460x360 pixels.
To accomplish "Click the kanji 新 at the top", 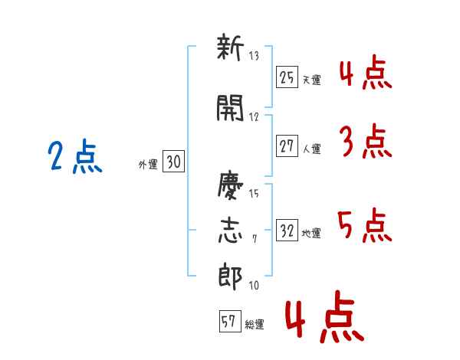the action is (230, 47).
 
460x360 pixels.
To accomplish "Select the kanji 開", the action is (230, 108).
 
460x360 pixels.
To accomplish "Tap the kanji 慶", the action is (230, 185).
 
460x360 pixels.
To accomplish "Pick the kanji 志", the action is (230, 231).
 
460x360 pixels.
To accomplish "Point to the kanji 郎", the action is (230, 277).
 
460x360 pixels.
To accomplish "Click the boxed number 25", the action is (287, 77).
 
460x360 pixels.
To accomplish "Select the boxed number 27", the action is (287, 146).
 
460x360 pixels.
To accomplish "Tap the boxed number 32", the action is (287, 230).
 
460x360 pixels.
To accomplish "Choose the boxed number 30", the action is (173, 161).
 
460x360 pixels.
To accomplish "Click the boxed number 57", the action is (230, 321).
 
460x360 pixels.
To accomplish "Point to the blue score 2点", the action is (75, 156).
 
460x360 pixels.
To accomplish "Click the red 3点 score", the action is (366, 141).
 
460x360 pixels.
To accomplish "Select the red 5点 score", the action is (365, 225).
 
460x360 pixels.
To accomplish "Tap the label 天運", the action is (312, 80).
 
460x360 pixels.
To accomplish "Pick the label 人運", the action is (312, 149).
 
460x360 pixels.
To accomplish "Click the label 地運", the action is (311, 234).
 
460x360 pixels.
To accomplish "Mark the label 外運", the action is (148, 164).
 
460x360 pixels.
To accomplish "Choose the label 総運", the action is (255, 325).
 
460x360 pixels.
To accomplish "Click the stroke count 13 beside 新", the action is (254, 56).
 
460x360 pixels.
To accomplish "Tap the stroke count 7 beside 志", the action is (255, 239).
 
